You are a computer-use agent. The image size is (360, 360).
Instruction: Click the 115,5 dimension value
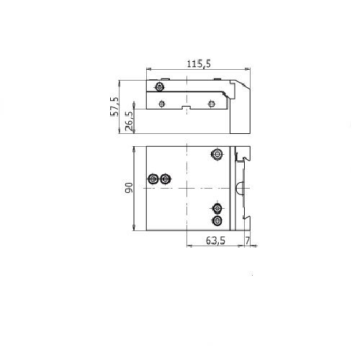[x=199, y=64]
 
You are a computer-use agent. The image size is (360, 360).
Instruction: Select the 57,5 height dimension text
[x=114, y=107]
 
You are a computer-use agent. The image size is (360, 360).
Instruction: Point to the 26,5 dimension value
[x=129, y=121]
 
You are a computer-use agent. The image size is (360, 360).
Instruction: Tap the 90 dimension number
[x=129, y=188]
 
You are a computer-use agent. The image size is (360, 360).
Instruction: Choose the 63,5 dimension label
[x=215, y=240]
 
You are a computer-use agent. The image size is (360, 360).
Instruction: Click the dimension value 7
[x=247, y=240]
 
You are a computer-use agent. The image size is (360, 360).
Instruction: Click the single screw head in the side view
[x=159, y=86]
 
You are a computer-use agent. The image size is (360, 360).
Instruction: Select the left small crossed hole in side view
[x=162, y=104]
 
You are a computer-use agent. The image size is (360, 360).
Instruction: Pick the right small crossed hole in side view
[x=211, y=104]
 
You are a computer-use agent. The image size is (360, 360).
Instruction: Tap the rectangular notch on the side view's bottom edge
[x=186, y=107]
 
